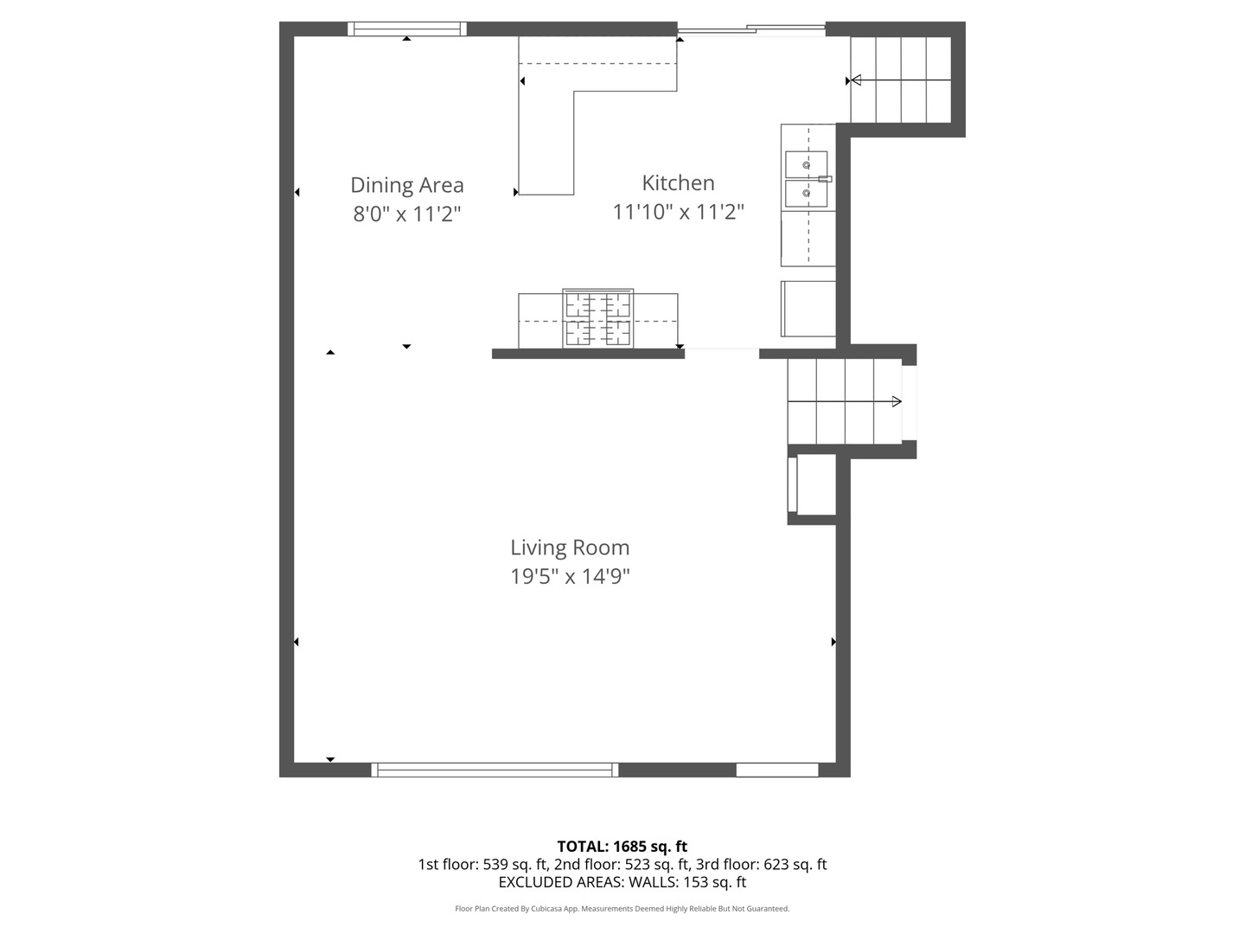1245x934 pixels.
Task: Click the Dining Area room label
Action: (x=406, y=185)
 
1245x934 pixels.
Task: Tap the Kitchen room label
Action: (x=678, y=182)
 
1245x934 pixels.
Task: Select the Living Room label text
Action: (x=570, y=547)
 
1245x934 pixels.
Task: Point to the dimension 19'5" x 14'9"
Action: (x=570, y=576)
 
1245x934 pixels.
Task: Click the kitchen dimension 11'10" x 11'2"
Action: (x=678, y=212)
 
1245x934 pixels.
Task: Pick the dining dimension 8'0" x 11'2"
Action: (x=406, y=214)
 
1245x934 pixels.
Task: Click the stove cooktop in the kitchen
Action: (x=597, y=318)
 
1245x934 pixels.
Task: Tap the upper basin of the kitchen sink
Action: (x=806, y=164)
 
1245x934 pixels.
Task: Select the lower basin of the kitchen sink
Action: (x=806, y=194)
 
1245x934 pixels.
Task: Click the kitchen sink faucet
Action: (x=825, y=179)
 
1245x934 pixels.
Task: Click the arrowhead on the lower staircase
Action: (x=897, y=401)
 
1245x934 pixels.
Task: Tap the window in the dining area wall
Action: (x=406, y=29)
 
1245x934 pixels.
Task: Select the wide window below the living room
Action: (x=495, y=770)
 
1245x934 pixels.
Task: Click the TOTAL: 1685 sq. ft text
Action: (x=622, y=847)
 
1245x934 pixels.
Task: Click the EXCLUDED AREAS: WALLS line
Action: (x=622, y=882)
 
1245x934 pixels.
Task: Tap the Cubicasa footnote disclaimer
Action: (x=622, y=908)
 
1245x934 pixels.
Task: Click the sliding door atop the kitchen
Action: (x=751, y=29)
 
